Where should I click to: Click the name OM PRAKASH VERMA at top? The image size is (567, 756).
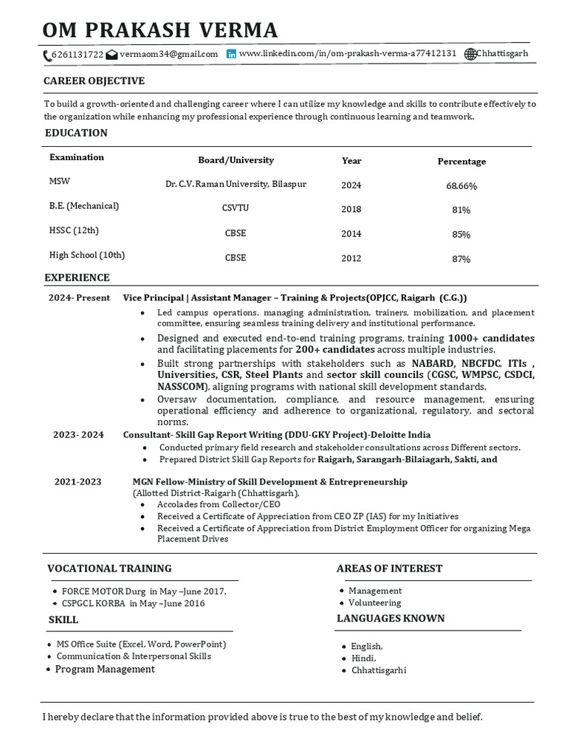[x=160, y=30]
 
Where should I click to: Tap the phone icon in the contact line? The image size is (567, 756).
[x=47, y=55]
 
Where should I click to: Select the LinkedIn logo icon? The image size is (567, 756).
[x=232, y=54]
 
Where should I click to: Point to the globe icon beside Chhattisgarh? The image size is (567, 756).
[x=470, y=54]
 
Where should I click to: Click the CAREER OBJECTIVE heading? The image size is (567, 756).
[x=94, y=81]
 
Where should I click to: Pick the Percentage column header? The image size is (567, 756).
[x=461, y=161]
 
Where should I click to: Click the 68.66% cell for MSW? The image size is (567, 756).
[x=461, y=185]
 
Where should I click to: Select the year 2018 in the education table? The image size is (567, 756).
[x=351, y=209]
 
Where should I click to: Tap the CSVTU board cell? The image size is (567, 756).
[x=236, y=208]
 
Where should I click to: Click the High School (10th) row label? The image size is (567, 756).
[x=86, y=255]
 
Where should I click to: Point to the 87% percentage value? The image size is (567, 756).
[x=461, y=258]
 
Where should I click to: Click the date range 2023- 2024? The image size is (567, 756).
[x=78, y=435]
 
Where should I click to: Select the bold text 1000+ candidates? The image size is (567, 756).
[x=491, y=338]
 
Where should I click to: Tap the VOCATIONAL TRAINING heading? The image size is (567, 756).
[x=109, y=568]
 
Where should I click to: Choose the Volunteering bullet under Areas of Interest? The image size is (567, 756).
[x=375, y=603]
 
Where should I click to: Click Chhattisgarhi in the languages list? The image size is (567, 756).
[x=378, y=670]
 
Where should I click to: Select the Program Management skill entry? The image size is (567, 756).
[x=105, y=669]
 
